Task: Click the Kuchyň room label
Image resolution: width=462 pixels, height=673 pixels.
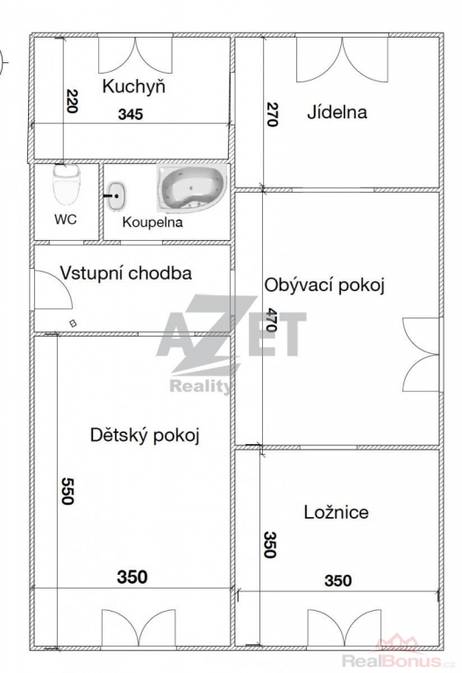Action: point(133,87)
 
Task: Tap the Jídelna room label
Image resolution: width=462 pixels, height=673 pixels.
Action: point(337,112)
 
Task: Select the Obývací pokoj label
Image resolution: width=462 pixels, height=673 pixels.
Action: point(324,286)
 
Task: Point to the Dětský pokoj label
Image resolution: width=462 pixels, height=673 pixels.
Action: point(145,436)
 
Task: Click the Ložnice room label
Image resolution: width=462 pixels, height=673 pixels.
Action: point(336,512)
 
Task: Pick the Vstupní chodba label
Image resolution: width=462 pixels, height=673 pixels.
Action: point(126,273)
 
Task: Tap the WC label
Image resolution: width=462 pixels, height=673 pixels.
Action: point(66,219)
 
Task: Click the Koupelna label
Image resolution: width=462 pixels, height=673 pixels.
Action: point(153,222)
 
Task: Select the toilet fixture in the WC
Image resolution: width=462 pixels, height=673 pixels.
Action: point(67,185)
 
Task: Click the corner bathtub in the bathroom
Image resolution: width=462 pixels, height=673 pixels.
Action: point(191,188)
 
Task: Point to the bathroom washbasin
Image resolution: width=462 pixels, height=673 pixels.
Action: point(117,196)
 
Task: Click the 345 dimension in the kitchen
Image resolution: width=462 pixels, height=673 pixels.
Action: point(131,115)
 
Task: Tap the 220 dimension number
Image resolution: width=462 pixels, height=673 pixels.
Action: point(72,101)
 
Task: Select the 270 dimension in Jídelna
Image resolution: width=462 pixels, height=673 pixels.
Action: point(273,114)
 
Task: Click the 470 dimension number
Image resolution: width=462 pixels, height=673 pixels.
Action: point(271,320)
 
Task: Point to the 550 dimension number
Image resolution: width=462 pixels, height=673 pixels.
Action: point(67,491)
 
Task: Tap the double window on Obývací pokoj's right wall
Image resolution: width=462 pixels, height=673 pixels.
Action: point(421,355)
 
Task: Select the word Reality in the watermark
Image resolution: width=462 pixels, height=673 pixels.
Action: point(201,386)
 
